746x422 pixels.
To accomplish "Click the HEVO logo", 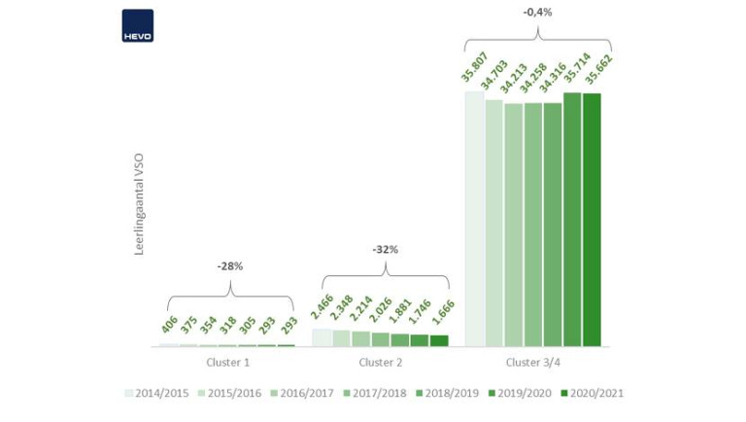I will click(137, 25).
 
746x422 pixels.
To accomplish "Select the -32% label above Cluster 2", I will click(386, 250).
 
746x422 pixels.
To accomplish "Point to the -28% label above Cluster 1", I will click(230, 264).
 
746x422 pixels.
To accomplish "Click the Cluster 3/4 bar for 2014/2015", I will click(474, 219).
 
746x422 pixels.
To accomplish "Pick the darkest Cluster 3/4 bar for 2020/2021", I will click(592, 220).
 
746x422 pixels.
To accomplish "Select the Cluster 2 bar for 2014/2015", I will click(321, 337).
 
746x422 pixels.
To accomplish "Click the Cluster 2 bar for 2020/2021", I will click(439, 340).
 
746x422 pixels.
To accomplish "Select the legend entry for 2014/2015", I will click(158, 393).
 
